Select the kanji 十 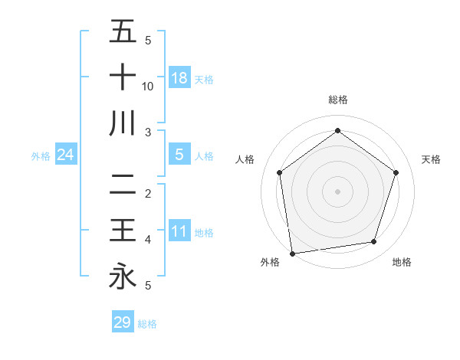point(123,77)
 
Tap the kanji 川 point(123,123)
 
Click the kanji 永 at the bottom point(123,276)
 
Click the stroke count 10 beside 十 point(148,87)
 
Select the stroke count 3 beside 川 point(147,133)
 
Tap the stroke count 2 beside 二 point(147,193)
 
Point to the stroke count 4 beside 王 point(147,240)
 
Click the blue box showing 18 point(179,77)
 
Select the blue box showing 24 point(66,155)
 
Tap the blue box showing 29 point(123,322)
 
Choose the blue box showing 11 point(179,231)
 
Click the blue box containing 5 point(179,155)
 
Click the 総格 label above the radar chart point(337,100)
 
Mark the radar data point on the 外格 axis point(291,253)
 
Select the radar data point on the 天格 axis point(396,172)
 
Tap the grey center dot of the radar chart point(337,191)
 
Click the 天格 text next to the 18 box point(204,79)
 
